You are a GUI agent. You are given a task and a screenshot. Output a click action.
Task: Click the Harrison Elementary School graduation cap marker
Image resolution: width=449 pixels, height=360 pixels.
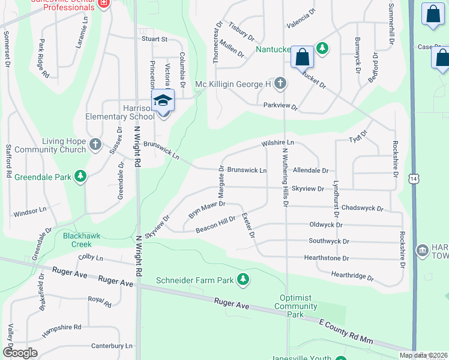[x=162, y=100]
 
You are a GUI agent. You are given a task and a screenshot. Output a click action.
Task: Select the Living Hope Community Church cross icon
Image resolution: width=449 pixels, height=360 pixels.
[x=95, y=145]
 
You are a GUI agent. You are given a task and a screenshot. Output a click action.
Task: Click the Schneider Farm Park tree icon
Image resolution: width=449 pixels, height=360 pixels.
[x=243, y=279]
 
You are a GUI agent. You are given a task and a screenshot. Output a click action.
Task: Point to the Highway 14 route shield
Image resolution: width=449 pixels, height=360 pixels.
[x=413, y=179]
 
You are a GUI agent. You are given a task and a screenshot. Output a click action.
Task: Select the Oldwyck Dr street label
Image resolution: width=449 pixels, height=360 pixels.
[x=325, y=225]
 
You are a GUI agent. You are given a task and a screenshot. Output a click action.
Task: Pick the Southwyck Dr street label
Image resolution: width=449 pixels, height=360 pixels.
[x=328, y=241]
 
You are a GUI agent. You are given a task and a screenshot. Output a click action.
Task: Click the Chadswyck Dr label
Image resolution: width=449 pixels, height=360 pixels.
[x=362, y=208]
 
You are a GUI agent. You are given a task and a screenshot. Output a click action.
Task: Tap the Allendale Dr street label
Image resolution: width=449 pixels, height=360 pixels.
[x=310, y=171]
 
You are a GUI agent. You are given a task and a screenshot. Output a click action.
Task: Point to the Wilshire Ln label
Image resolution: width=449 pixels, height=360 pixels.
[x=277, y=143]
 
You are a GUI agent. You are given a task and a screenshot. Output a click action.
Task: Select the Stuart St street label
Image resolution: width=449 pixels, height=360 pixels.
[x=154, y=38]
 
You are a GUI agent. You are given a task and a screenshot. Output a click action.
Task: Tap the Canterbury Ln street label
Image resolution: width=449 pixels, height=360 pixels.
[x=112, y=346]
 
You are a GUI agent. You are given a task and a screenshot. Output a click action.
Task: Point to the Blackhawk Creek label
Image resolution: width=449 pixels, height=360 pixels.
[x=77, y=240]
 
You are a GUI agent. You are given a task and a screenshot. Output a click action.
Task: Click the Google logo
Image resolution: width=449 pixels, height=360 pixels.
[x=20, y=353]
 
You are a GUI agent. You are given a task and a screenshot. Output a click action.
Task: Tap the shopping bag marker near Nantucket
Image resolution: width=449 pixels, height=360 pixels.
[x=302, y=58]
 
